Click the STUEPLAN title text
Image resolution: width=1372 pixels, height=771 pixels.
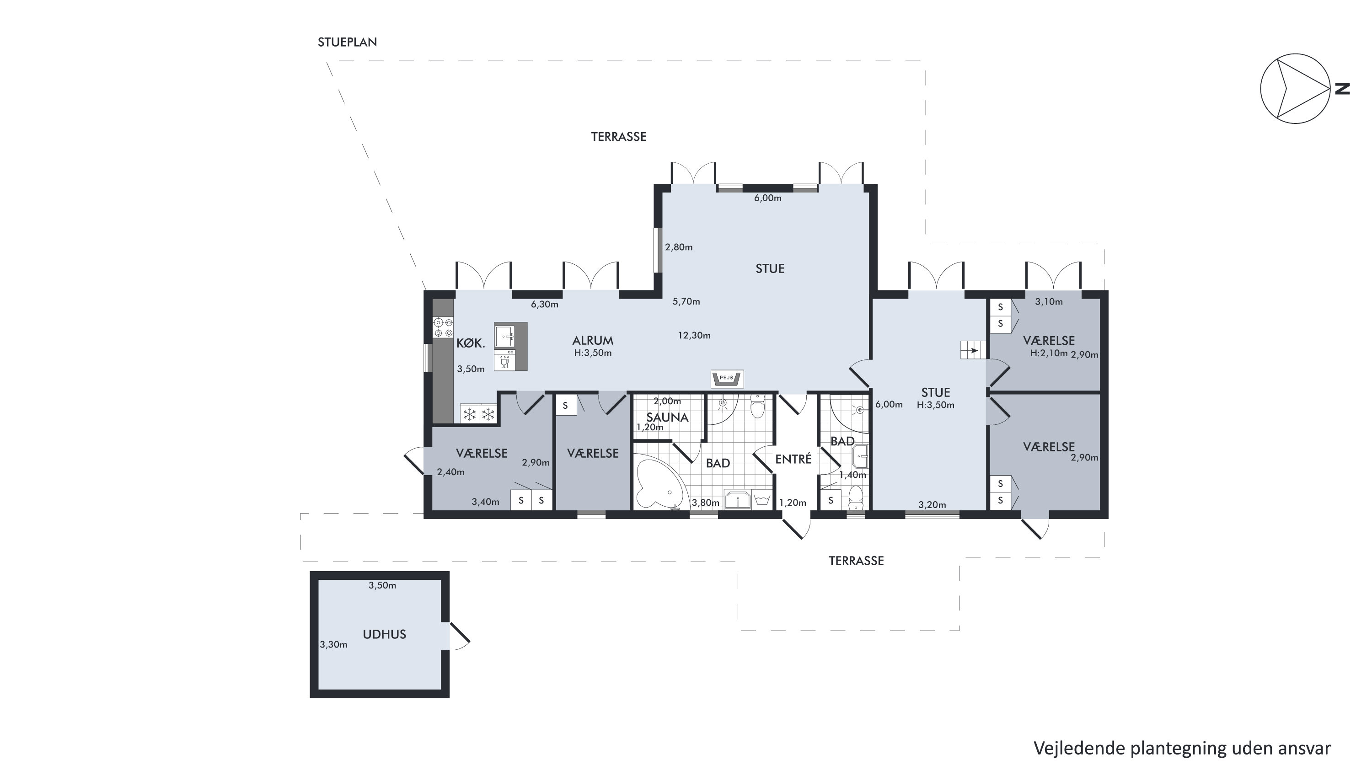(x=347, y=42)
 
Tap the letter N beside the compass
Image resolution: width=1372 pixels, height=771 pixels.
(x=1342, y=88)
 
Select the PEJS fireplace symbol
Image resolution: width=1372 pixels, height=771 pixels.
(x=727, y=378)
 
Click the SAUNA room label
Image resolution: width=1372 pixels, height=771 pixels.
(x=667, y=417)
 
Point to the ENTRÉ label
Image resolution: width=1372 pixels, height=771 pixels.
(x=793, y=459)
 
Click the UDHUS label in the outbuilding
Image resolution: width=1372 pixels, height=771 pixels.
(x=384, y=634)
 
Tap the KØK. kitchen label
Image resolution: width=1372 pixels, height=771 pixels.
(x=471, y=343)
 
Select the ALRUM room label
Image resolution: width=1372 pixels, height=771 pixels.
(x=593, y=340)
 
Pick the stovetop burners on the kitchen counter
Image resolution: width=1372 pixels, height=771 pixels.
(x=443, y=327)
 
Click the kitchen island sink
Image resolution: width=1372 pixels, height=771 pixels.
(x=504, y=337)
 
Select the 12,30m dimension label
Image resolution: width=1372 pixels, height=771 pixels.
(x=694, y=336)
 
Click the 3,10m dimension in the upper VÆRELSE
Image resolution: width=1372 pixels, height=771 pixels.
(x=1049, y=302)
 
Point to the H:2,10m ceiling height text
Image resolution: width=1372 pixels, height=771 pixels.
(x=1049, y=353)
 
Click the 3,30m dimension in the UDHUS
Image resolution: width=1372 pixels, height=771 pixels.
(x=333, y=645)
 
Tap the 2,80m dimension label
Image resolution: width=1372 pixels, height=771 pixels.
(x=679, y=247)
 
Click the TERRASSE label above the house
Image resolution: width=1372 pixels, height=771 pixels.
(x=618, y=137)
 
